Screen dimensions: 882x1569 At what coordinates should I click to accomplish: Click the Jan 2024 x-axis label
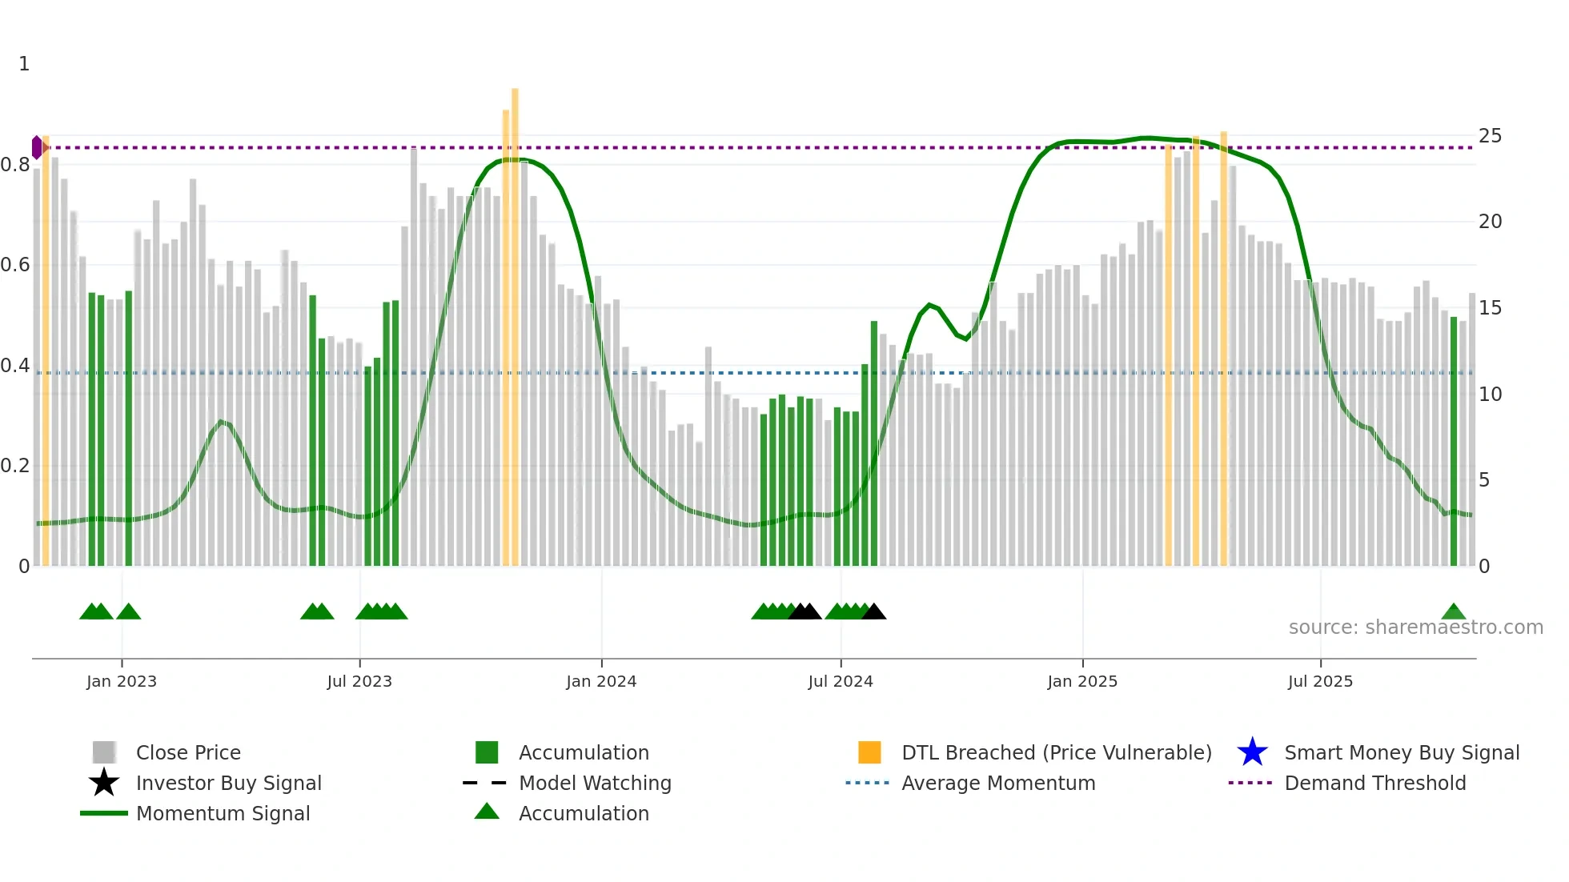(601, 681)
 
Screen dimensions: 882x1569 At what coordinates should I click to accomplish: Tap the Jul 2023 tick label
(359, 681)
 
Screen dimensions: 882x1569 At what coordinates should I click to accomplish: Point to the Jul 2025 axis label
(1320, 681)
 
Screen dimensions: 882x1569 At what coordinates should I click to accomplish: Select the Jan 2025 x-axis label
(1082, 681)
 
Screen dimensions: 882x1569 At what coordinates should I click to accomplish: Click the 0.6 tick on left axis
(15, 265)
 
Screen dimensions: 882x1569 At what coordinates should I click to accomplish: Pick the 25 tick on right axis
(1490, 136)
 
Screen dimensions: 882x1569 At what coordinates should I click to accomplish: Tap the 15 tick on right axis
(1490, 308)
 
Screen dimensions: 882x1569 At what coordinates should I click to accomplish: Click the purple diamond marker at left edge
(37, 147)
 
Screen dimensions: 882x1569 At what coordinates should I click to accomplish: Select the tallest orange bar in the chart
(515, 320)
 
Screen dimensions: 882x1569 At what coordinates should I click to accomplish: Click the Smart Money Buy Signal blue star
(1252, 752)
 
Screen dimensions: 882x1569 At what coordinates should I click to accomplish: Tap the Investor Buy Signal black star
(104, 783)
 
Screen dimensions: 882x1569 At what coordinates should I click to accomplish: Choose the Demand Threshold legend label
(1374, 783)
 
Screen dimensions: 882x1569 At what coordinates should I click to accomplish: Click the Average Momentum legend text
(997, 783)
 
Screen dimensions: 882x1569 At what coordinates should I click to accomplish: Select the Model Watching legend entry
(594, 783)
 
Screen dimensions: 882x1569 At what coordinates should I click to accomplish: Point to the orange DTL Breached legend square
(869, 752)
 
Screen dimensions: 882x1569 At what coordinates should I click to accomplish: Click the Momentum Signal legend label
(223, 813)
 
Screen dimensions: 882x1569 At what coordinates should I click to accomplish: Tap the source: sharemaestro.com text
(1415, 627)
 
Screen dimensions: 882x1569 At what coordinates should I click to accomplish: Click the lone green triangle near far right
(1453, 612)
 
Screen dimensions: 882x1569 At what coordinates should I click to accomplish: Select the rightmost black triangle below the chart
(873, 612)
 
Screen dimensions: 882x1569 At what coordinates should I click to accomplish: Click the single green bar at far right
(1454, 440)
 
